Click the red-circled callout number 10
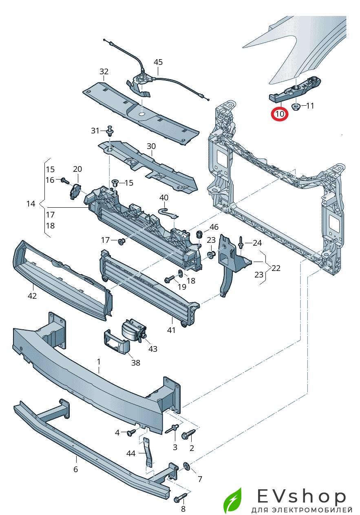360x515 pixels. [x=280, y=114]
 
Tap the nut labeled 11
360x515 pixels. [x=296, y=107]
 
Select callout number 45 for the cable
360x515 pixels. [x=158, y=62]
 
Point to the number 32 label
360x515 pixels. [x=104, y=71]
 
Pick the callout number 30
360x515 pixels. [x=151, y=146]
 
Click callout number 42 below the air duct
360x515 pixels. [x=32, y=295]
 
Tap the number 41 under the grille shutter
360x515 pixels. [x=171, y=330]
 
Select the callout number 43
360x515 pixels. [x=153, y=349]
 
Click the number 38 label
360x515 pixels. [x=135, y=362]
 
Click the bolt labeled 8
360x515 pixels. [x=181, y=499]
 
